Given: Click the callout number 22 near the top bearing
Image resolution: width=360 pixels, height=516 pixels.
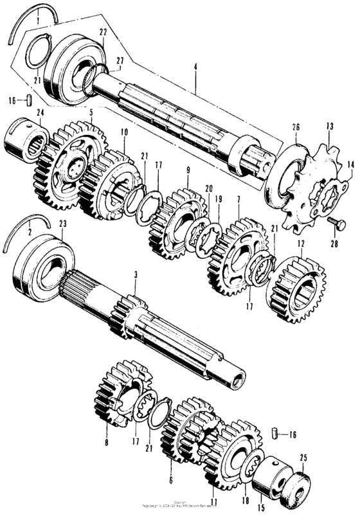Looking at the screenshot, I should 103,32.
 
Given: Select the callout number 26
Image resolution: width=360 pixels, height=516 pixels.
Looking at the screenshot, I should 296,127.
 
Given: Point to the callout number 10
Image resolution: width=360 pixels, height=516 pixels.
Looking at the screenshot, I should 123,132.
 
